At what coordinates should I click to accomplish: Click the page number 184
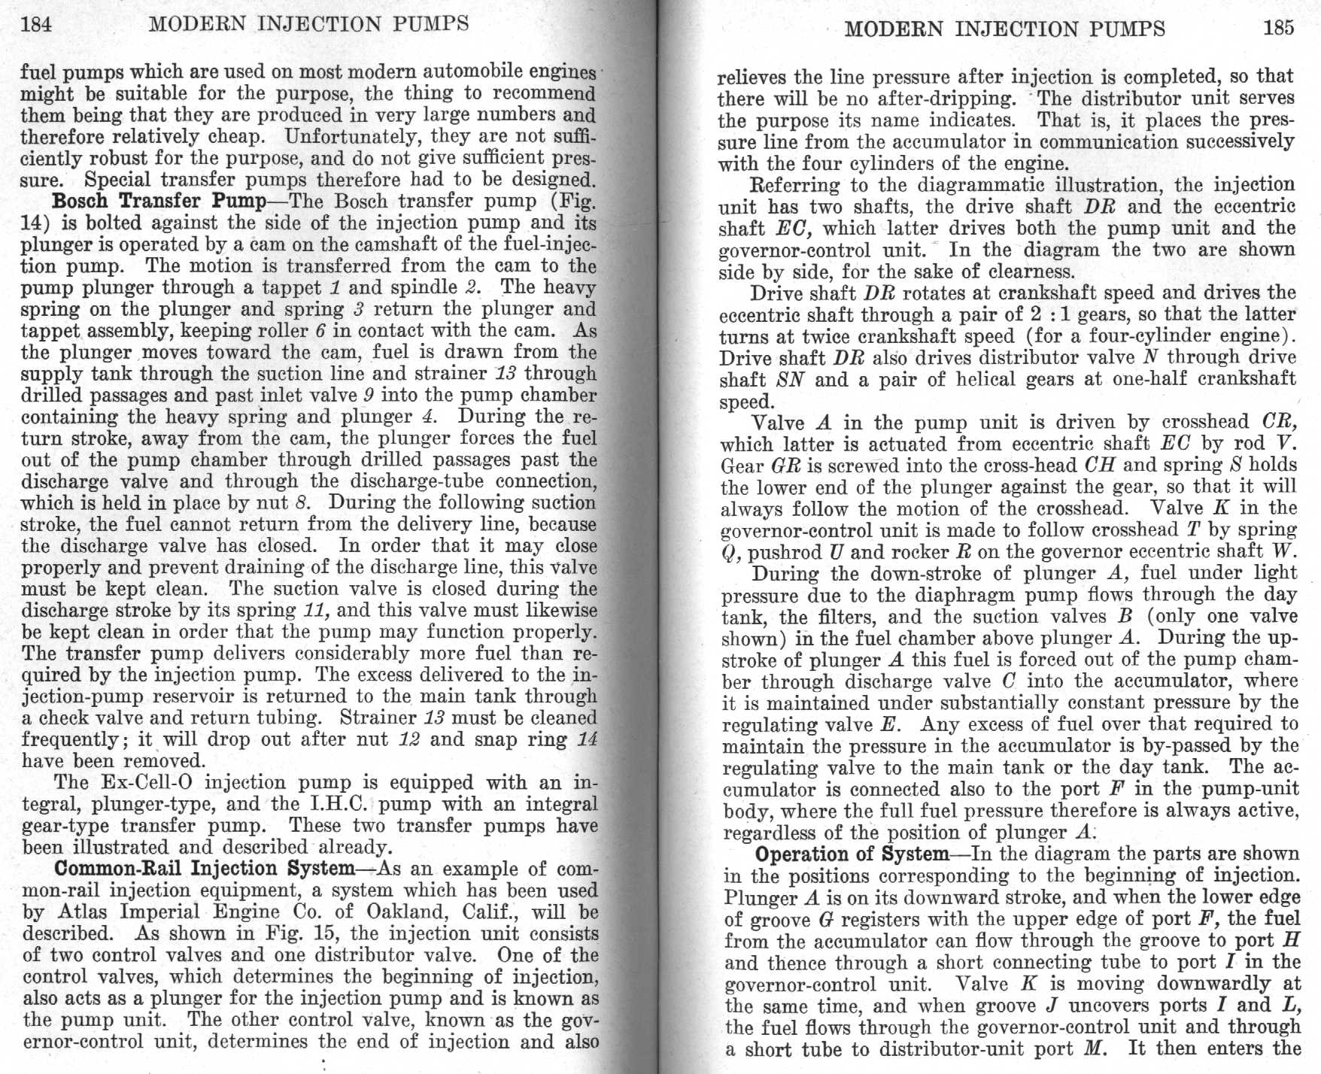pos(36,25)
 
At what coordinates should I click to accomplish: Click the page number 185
pos(1278,29)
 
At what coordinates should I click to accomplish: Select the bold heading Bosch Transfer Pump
pos(159,202)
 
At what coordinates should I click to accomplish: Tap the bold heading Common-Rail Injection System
pos(204,869)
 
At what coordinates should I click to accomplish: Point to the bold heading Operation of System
pos(852,854)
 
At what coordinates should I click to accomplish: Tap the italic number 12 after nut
pos(408,740)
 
